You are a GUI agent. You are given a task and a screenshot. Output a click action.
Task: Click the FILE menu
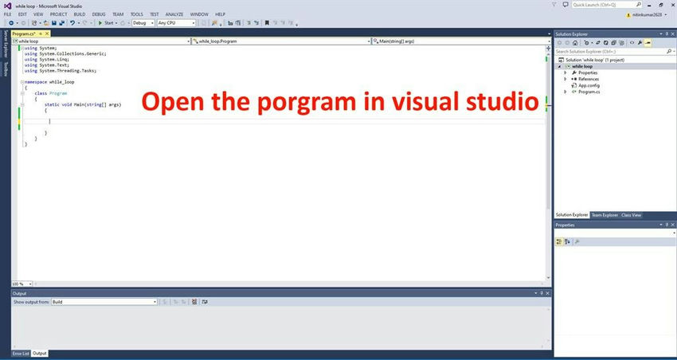click(7, 14)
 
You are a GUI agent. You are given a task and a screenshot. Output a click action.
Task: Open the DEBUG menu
click(99, 14)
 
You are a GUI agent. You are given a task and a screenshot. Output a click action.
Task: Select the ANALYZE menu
click(174, 14)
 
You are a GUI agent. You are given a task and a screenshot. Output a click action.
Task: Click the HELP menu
click(220, 14)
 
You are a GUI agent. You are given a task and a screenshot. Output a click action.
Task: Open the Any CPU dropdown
click(176, 23)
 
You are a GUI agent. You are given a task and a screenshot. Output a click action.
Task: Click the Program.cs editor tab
click(24, 33)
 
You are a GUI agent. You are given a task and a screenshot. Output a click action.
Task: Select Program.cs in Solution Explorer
click(589, 92)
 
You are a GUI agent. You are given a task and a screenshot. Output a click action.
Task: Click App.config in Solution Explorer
click(589, 85)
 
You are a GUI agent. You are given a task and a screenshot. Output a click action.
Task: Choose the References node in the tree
click(589, 79)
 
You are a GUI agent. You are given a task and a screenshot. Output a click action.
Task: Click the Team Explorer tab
click(605, 215)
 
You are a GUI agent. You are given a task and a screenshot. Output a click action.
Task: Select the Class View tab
click(631, 215)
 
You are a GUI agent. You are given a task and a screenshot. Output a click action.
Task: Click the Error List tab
click(20, 353)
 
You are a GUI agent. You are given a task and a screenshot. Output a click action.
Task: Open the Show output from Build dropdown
click(104, 302)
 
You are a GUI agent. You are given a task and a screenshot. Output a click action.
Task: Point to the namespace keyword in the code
click(37, 81)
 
